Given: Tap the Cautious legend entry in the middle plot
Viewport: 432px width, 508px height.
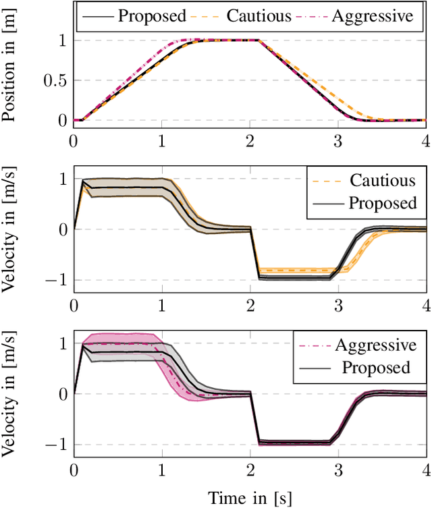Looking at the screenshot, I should [x=382, y=180].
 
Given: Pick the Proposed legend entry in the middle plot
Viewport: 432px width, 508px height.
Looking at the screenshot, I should [x=382, y=203].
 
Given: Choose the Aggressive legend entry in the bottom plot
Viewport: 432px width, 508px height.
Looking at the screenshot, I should [x=376, y=345].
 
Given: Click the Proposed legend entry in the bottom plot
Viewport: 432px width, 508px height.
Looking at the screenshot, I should [x=376, y=368].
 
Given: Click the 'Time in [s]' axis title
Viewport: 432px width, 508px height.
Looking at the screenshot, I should [x=250, y=498].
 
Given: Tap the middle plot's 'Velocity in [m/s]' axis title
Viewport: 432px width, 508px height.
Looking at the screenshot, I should [x=9, y=229].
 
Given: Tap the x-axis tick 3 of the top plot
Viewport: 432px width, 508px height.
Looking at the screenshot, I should [x=338, y=140].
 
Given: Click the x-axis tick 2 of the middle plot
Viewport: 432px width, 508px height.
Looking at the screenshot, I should [x=250, y=305].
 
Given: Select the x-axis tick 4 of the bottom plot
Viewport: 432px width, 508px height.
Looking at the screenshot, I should [x=426, y=470].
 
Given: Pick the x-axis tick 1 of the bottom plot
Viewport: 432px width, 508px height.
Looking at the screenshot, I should [x=161, y=470].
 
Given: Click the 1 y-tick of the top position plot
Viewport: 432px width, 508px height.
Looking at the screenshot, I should [x=63, y=40].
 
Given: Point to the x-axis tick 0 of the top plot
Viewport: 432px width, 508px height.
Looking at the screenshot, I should [x=74, y=140].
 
